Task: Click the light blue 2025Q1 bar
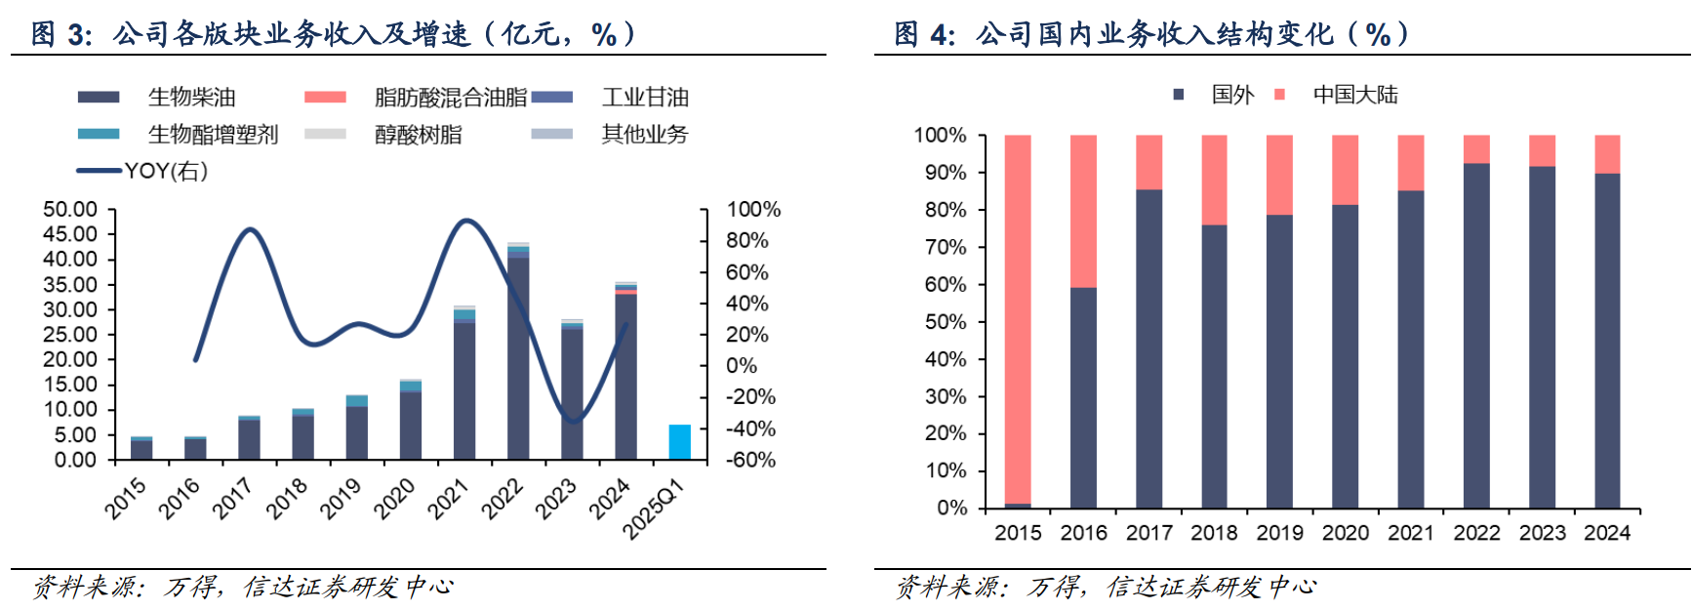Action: point(679,442)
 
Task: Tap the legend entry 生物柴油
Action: point(191,98)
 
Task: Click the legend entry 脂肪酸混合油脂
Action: point(450,98)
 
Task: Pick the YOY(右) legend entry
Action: point(165,172)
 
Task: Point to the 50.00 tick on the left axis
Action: point(70,210)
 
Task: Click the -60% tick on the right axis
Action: point(749,460)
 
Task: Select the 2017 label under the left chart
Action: point(233,497)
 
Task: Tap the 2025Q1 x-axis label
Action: point(654,508)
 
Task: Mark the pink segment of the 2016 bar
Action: point(1083,210)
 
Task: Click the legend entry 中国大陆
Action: point(1354,95)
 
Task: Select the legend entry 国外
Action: point(1231,95)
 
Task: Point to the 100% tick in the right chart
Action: point(940,136)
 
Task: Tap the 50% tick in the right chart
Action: point(945,322)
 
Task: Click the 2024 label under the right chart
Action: point(1607,533)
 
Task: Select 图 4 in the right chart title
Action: point(924,34)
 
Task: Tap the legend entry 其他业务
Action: point(644,135)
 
